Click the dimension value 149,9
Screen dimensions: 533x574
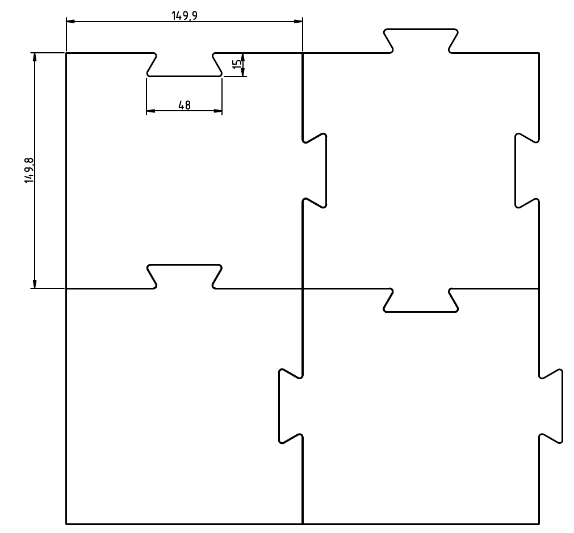pos(185,15)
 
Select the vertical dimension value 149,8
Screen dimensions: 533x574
pos(29,171)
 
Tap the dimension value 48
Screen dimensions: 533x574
pos(184,104)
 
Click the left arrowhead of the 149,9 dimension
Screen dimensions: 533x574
pos(70,22)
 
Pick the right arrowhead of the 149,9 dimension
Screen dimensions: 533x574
pos(299,22)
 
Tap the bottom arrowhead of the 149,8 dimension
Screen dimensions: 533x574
pos(35,284)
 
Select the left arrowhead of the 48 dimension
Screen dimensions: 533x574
pos(150,111)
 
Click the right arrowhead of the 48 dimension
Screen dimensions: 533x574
pos(218,111)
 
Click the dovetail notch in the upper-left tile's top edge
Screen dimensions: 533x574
pos(185,65)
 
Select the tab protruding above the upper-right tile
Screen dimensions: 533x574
pos(421,40)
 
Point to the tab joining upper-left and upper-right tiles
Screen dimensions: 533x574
pos(315,170)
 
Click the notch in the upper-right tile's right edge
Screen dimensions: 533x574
pos(526,170)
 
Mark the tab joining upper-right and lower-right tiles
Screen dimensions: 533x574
pos(421,300)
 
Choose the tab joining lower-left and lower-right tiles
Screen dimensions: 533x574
pos(290,406)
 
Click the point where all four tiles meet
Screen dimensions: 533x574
pos(303,288)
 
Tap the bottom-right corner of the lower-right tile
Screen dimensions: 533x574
pos(539,523)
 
